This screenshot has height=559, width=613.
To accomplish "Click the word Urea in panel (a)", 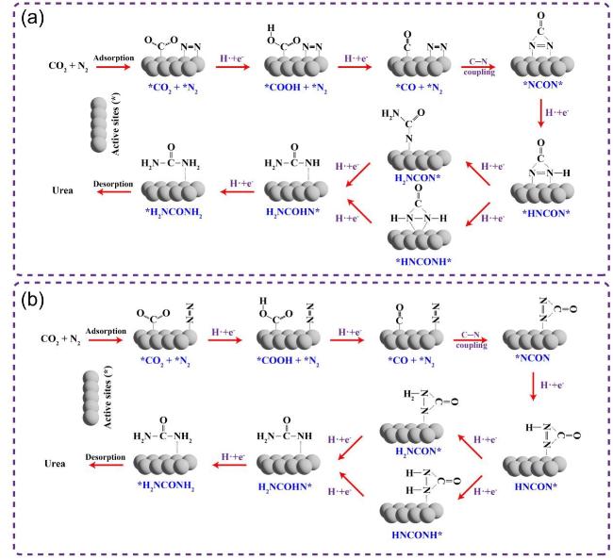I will tap(63, 192).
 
